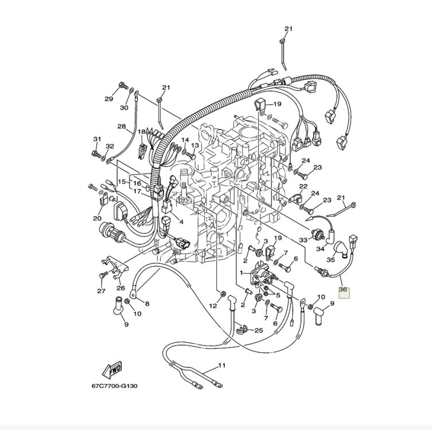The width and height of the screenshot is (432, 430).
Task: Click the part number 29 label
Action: coord(108,99)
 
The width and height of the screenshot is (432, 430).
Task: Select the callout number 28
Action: coord(122,126)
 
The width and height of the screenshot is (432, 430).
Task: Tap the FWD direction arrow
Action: coord(111,370)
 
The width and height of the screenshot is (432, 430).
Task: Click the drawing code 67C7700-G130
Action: coord(114,386)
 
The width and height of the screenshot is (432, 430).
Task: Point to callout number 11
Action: coord(222,366)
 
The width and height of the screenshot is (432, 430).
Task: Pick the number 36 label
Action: coord(343,289)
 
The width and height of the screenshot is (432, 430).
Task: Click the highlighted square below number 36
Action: coord(344,293)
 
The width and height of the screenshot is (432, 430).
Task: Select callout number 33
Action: coord(303,240)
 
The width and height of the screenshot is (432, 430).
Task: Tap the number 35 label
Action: coord(330,260)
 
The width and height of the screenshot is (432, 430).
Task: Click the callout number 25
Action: coord(259,331)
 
